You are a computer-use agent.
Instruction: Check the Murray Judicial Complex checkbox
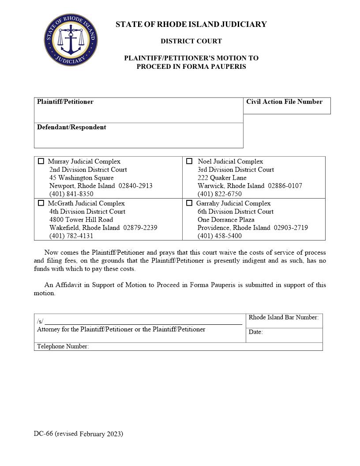(x=41, y=162)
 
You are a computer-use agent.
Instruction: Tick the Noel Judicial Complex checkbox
(x=189, y=162)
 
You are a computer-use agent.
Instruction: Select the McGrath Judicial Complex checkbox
(x=41, y=203)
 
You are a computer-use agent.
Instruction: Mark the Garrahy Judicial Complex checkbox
(x=189, y=203)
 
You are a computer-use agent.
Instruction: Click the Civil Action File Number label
(x=284, y=102)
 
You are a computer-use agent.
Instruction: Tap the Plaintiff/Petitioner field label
(x=65, y=102)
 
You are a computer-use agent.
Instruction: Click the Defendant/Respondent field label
(x=71, y=128)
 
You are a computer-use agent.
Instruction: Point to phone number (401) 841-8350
(x=71, y=194)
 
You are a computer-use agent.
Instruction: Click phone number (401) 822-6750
(x=219, y=194)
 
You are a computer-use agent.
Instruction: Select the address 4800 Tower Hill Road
(x=81, y=220)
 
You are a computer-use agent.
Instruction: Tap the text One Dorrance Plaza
(x=226, y=220)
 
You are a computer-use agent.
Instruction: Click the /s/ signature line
(x=143, y=322)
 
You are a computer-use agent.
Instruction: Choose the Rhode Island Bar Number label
(x=283, y=318)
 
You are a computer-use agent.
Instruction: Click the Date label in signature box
(x=255, y=332)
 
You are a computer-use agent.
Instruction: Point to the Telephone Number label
(x=63, y=347)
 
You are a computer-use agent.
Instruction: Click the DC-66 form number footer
(x=78, y=434)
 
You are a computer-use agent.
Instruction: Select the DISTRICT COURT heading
(x=191, y=41)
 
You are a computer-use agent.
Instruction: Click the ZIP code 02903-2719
(x=291, y=228)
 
